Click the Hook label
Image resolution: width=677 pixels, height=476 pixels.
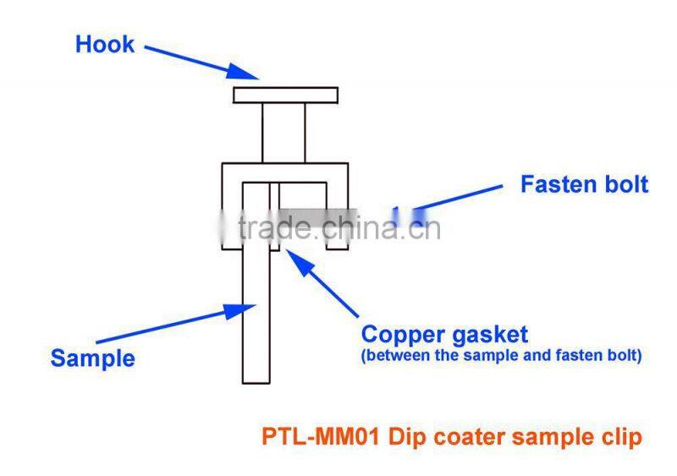[105, 44]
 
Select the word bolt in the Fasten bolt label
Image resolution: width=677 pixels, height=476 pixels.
[626, 184]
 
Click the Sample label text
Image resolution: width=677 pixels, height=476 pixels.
[92, 358]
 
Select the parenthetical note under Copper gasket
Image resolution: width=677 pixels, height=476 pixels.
[501, 356]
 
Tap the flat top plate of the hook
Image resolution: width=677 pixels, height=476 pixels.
[286, 95]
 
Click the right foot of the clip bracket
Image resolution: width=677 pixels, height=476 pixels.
[337, 244]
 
